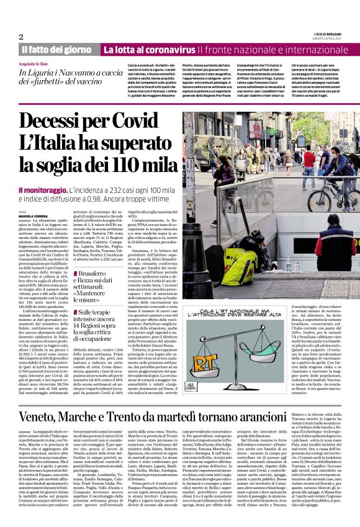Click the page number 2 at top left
(x=20, y=37)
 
